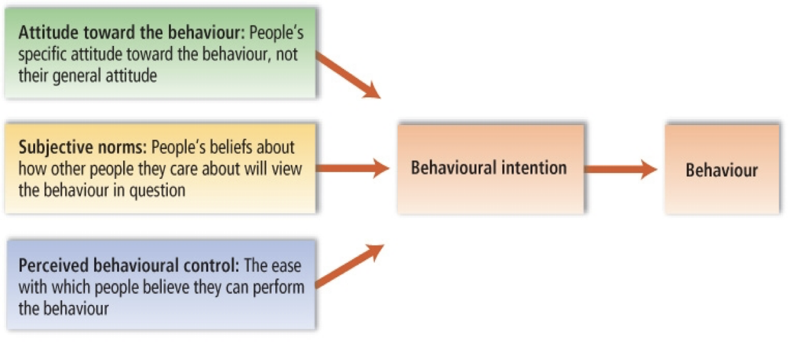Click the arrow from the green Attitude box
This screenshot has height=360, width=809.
[x=347, y=75]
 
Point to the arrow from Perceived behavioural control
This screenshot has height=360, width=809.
[x=349, y=266]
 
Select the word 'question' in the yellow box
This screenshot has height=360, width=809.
[x=158, y=190]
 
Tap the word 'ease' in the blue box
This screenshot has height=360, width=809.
[x=288, y=266]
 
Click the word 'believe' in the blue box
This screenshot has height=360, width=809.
[x=166, y=288]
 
